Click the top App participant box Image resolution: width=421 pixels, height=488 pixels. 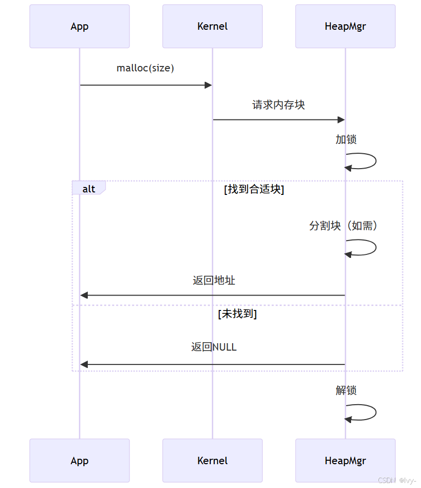(79, 26)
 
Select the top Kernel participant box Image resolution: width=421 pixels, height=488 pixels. (212, 26)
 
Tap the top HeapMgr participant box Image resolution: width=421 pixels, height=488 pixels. (345, 26)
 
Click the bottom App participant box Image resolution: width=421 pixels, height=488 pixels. (79, 460)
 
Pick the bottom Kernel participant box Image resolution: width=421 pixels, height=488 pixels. (212, 460)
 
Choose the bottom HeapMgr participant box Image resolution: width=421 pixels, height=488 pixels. (345, 460)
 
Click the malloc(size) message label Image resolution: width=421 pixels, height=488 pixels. (145, 68)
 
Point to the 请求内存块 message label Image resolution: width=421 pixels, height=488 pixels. (279, 105)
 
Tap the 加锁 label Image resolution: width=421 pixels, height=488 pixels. (346, 139)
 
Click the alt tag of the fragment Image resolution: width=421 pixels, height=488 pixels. (89, 188)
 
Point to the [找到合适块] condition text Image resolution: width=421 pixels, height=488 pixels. (254, 189)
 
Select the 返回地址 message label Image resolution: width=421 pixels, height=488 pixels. (214, 280)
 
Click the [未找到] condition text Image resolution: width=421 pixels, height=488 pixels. (237, 314)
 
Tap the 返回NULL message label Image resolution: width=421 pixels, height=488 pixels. (214, 347)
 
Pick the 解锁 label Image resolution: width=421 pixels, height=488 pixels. (346, 390)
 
